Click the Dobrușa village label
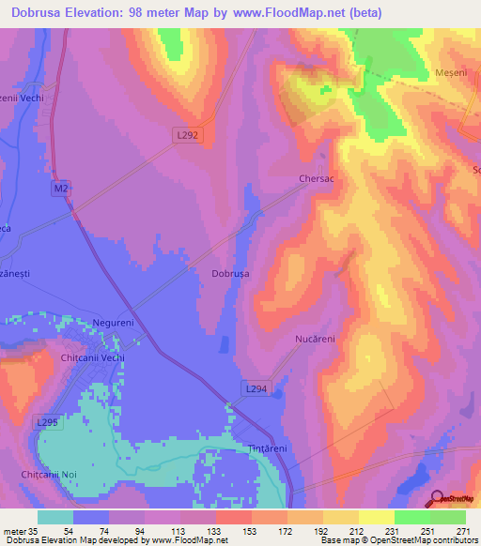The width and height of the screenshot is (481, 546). (230, 274)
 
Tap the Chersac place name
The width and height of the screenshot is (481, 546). (317, 177)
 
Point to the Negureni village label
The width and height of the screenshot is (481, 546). (116, 323)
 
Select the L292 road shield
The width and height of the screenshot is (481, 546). (187, 135)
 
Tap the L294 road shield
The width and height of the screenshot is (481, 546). (256, 388)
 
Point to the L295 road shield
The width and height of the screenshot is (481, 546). (48, 423)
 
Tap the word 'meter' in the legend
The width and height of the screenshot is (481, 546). (16, 531)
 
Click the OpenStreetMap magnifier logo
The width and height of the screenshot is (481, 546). (437, 500)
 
